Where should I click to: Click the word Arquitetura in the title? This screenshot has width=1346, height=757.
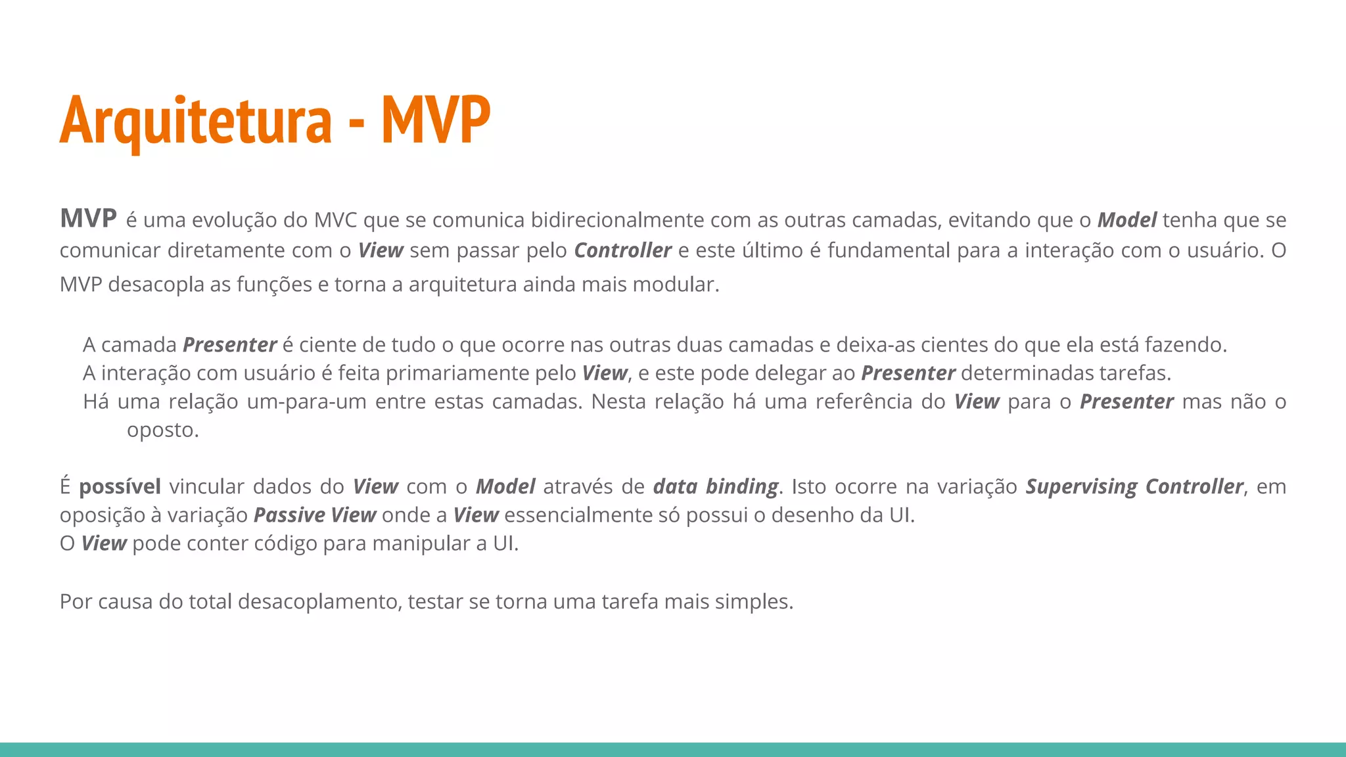196,120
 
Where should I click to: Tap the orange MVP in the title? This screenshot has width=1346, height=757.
436,120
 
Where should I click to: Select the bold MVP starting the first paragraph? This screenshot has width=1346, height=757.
88,218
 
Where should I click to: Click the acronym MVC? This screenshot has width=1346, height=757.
335,219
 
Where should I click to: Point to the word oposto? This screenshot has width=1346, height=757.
162,430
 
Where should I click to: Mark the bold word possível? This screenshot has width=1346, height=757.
120,486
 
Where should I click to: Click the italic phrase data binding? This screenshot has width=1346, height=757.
715,486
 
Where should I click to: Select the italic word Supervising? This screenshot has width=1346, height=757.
1081,486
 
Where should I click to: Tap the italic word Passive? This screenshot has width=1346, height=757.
289,515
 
